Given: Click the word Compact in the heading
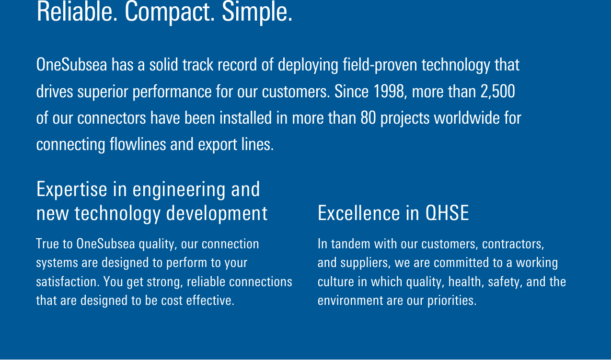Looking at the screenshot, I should [x=170, y=12].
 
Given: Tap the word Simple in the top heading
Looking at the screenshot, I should [x=257, y=12].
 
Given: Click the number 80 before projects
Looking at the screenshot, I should [x=368, y=118].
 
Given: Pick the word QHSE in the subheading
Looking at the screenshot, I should [x=447, y=213].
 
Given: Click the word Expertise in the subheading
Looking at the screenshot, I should [x=72, y=190].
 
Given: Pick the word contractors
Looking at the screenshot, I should [x=513, y=244].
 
